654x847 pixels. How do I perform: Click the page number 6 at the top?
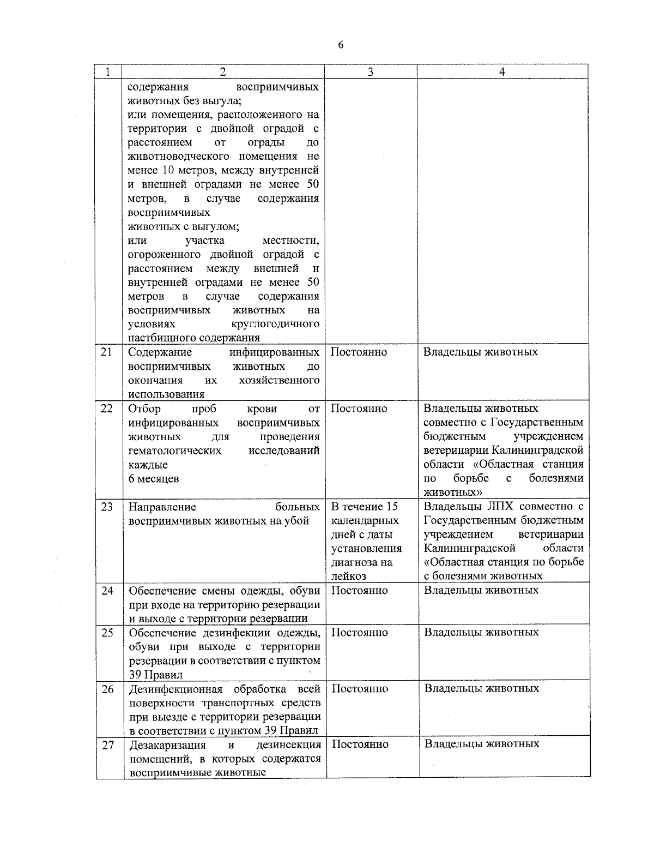[x=341, y=45]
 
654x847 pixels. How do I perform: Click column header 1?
[x=108, y=71]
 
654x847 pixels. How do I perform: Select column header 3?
[x=370, y=71]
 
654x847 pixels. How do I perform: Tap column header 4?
[x=502, y=71]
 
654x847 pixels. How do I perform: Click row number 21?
[x=107, y=352]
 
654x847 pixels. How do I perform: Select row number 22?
[x=107, y=409]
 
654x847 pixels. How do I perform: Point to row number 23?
[x=107, y=507]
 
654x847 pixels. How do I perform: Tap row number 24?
[x=107, y=590]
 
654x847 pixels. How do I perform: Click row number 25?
[x=107, y=633]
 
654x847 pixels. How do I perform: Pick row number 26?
[x=107, y=689]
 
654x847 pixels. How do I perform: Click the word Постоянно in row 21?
[x=359, y=352]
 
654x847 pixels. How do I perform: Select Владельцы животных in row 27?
[x=482, y=744]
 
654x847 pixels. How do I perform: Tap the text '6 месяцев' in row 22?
[x=153, y=479]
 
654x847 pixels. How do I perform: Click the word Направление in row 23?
[x=162, y=507]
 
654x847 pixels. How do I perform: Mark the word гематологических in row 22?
[x=174, y=451]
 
